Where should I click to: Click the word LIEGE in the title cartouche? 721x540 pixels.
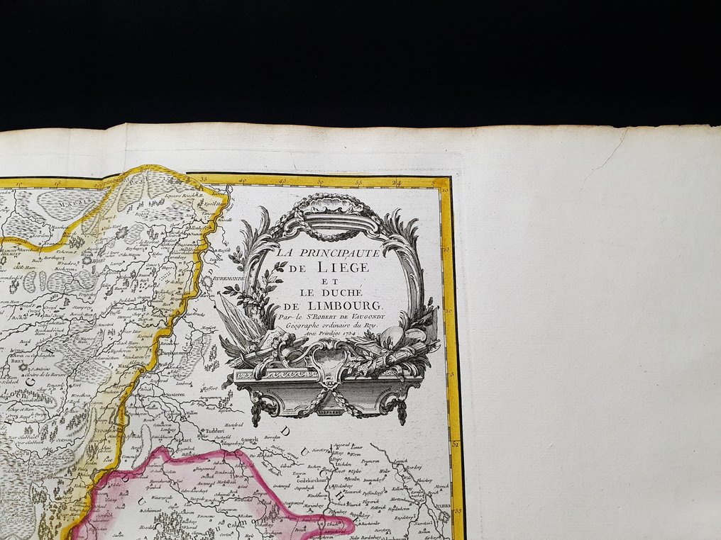(344, 267)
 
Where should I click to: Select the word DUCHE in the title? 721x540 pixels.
(344, 292)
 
